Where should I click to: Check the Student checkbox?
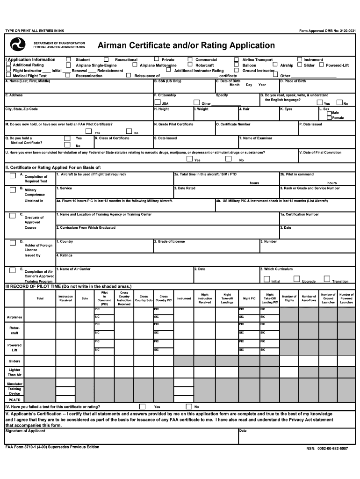pyautogui.click(x=68, y=59)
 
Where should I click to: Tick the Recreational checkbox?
pyautogui.click(x=106, y=59)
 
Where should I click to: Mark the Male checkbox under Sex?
pyautogui.click(x=329, y=113)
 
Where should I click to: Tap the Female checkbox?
pyautogui.click(x=329, y=117)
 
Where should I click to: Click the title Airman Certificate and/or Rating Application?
pyautogui.click(x=186, y=45)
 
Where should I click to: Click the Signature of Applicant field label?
pyautogui.click(x=25, y=431)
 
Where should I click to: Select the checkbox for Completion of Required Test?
pyautogui.click(x=13, y=176)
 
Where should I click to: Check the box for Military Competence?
pyautogui.click(x=13, y=189)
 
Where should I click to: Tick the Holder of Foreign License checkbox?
pyautogui.click(x=13, y=243)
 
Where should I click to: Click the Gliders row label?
pyautogui.click(x=14, y=361)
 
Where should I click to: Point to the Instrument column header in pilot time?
pyautogui.click(x=184, y=298)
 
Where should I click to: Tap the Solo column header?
pyautogui.click(x=85, y=298)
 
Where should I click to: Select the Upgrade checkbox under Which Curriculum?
pyautogui.click(x=296, y=279)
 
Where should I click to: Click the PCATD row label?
pyautogui.click(x=14, y=400)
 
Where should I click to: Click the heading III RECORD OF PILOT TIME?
pyautogui.click(x=68, y=286)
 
